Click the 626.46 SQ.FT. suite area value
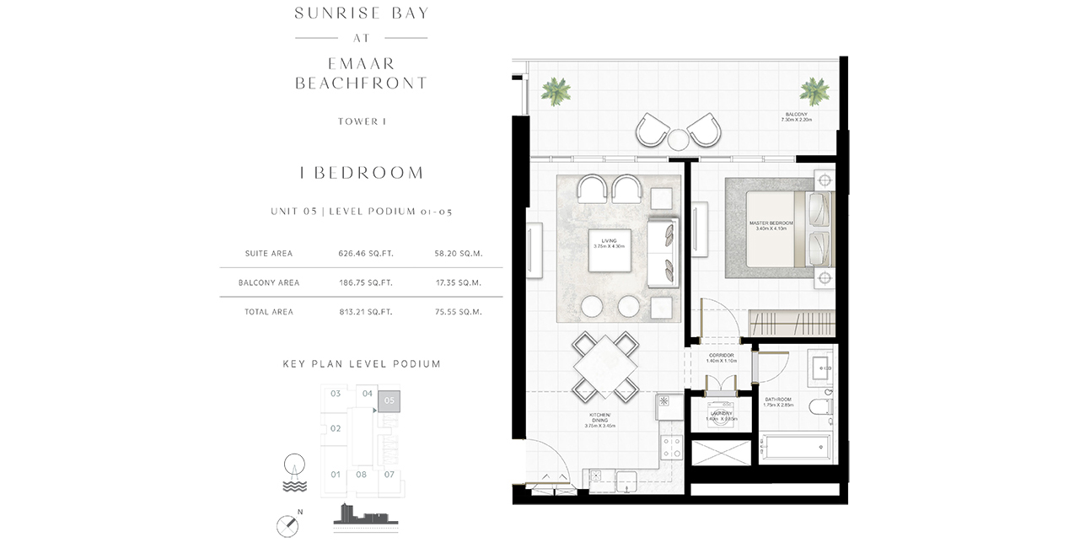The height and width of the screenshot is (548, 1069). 365,253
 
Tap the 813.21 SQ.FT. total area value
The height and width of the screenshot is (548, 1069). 365,312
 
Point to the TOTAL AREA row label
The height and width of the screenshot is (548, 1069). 270,312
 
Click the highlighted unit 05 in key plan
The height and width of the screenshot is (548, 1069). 389,401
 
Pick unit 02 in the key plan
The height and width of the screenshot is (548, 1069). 336,428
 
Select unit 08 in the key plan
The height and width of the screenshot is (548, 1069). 362,475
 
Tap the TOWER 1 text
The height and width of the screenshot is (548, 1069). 362,121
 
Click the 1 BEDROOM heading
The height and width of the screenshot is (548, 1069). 362,173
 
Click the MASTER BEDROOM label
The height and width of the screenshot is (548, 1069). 771,226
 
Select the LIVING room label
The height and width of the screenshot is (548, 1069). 609,244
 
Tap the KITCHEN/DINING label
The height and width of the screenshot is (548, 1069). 599,422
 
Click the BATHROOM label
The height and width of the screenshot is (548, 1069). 777,401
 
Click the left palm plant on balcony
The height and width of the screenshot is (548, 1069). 556,90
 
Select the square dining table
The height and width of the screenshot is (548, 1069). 604,366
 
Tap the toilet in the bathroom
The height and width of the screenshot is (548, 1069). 820,408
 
